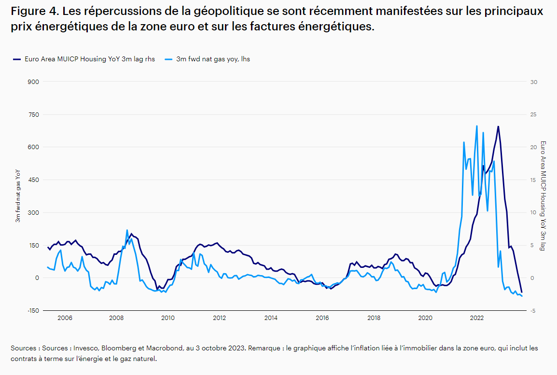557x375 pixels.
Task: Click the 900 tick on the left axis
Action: [33, 82]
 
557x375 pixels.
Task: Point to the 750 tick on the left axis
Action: [33, 114]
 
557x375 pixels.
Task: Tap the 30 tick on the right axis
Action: [533, 82]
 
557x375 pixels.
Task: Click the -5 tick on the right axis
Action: [533, 310]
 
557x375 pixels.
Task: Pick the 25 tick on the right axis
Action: [533, 114]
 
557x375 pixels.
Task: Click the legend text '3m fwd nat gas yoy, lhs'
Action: [213, 59]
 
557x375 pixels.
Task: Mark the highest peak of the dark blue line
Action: [498, 126]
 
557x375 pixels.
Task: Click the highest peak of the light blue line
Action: [477, 126]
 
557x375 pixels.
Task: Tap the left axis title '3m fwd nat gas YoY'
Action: [18, 195]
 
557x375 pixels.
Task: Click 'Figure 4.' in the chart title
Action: [33, 12]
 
